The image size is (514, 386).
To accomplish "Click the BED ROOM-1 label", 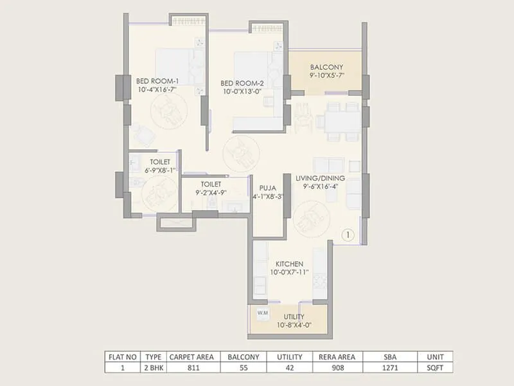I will (157, 81).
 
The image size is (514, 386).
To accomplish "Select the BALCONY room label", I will (326, 67).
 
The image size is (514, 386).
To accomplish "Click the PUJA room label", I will (268, 188).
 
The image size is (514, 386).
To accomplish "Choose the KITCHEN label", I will (290, 264).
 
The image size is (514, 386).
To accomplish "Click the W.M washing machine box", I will (262, 313).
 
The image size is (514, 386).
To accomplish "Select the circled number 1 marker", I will (347, 235).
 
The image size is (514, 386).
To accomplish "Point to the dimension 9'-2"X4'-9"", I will (215, 192).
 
